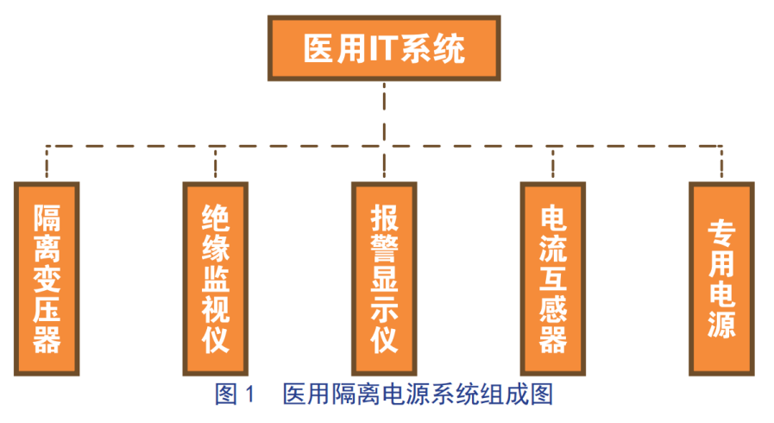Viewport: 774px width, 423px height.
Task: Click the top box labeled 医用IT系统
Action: coord(384,49)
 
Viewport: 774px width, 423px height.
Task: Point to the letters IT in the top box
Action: coord(382,50)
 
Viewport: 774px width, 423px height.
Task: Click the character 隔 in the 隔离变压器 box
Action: coord(47,215)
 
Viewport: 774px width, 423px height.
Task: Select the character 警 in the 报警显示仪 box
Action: coord(384,246)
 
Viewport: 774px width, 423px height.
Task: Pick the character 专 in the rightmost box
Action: coord(721,232)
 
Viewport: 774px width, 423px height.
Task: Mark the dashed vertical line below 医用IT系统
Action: coord(384,112)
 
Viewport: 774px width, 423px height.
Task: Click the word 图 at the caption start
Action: coord(226,395)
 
